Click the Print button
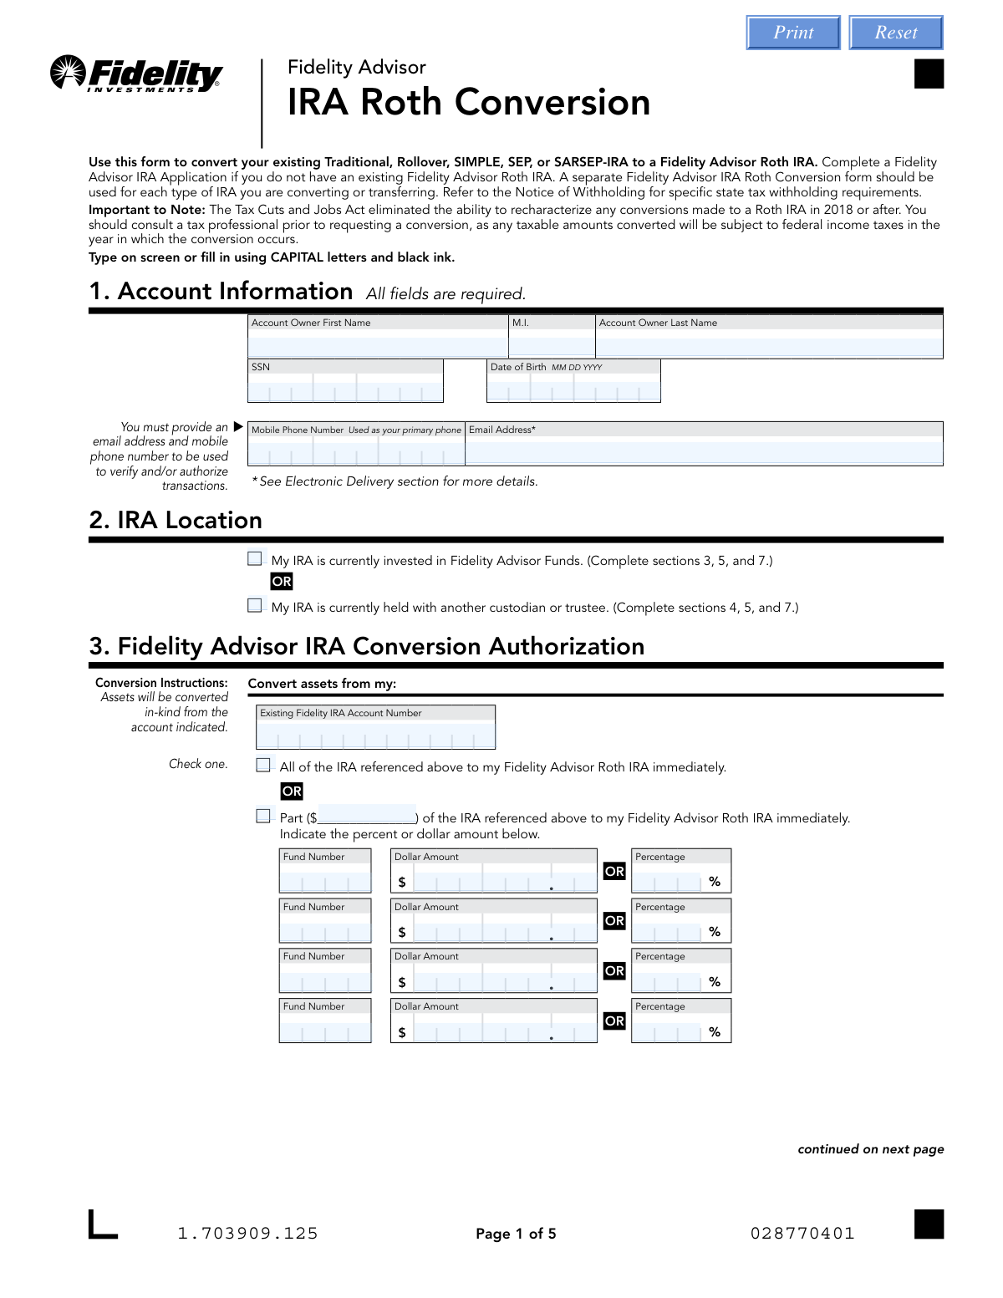[x=793, y=33]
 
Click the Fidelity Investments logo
[x=137, y=74]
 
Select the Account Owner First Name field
[x=378, y=344]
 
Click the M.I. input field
[x=552, y=344]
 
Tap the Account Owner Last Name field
[x=769, y=344]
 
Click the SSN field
[x=345, y=389]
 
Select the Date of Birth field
[x=573, y=389]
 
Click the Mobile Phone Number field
[x=356, y=451]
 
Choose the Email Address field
[x=704, y=451]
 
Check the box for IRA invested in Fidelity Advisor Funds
[x=255, y=559]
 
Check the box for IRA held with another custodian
[x=255, y=606]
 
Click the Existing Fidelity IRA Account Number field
[x=375, y=736]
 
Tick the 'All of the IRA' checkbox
[x=263, y=766]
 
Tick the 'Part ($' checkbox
[x=263, y=817]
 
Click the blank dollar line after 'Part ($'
[x=367, y=816]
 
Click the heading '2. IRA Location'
[x=176, y=521]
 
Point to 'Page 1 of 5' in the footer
[x=516, y=1234]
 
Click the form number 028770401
[x=802, y=1234]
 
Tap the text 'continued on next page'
[x=870, y=1149]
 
